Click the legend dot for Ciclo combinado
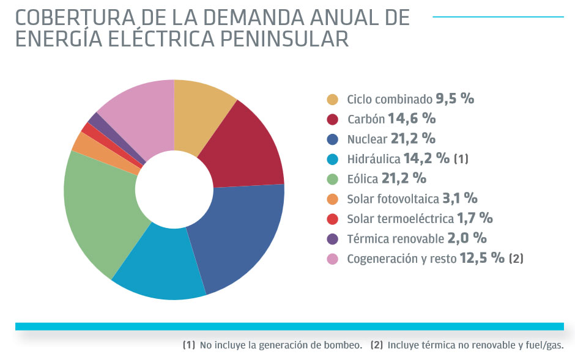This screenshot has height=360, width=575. (x=333, y=99)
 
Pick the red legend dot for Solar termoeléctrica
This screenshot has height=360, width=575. (x=333, y=219)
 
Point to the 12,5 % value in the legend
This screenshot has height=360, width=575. (x=481, y=258)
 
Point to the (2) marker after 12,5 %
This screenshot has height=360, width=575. (x=516, y=259)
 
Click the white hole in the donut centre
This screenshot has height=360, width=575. (x=174, y=189)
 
